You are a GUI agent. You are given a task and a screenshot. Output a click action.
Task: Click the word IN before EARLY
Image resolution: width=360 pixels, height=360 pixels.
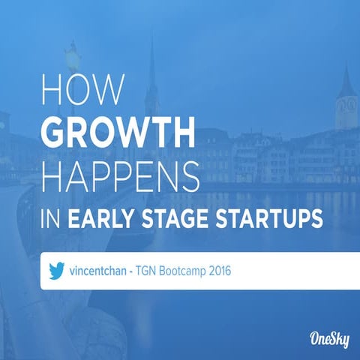pos(50,220)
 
